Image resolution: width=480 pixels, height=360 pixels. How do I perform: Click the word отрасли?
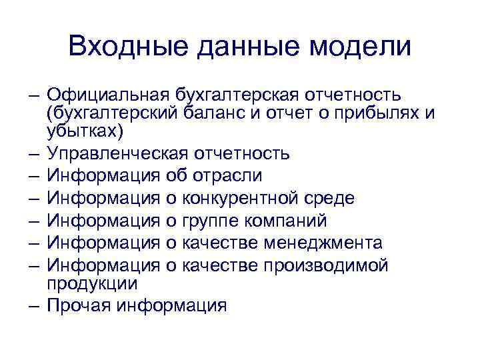pos(227,175)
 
